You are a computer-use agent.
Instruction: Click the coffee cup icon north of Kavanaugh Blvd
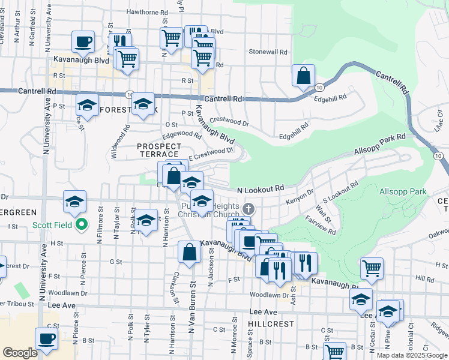point(83,42)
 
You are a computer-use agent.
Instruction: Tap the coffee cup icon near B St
point(46,338)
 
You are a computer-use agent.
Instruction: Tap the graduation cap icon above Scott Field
point(75,202)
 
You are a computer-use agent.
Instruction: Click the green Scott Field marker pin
point(82,226)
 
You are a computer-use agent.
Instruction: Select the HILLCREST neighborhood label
point(271,323)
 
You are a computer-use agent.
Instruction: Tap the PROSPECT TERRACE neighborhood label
point(159,150)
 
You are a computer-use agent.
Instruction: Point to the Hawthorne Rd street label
point(147,12)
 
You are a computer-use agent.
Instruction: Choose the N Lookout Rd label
point(260,189)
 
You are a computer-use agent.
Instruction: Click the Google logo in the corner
point(20,353)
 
